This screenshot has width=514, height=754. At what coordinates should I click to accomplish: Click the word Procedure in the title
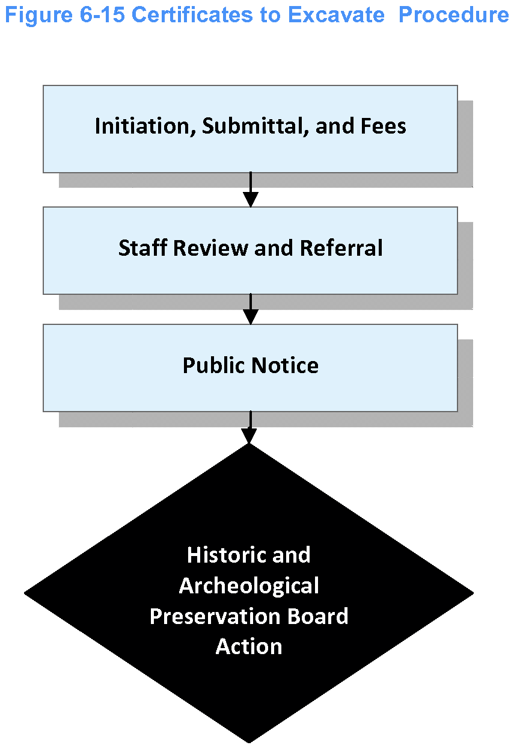(453, 14)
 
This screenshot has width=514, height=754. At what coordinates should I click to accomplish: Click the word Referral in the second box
(341, 248)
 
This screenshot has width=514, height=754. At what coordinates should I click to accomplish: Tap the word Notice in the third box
(286, 365)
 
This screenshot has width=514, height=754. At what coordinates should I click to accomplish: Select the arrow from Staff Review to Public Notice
(250, 310)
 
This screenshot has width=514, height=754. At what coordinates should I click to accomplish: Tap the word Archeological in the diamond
(249, 586)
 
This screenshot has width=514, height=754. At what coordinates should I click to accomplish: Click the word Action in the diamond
(249, 647)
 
